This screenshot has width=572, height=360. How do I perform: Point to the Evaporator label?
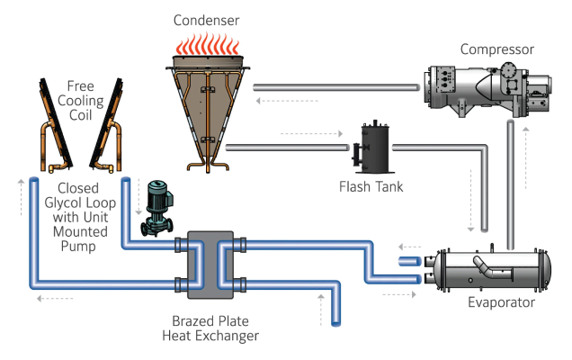tap(501, 302)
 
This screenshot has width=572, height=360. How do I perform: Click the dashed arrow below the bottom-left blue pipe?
tap(55, 299)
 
